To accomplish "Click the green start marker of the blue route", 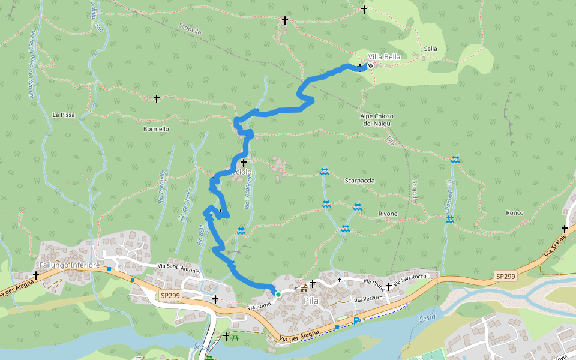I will (x=278, y=295).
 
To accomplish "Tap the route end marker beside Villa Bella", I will (x=370, y=65).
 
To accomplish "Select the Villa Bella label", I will (x=384, y=56).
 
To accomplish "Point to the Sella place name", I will (x=430, y=49).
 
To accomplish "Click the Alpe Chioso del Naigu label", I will (x=377, y=119).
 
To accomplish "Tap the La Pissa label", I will (x=63, y=115).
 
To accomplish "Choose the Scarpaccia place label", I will (x=359, y=180).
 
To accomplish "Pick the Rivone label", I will (x=388, y=214).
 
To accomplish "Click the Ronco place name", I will (x=514, y=213).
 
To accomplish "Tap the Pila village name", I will (x=311, y=300).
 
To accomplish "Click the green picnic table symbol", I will (x=235, y=337).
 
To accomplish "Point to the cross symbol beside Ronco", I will (x=565, y=229).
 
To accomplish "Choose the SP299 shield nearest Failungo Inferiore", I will (x=169, y=296).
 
